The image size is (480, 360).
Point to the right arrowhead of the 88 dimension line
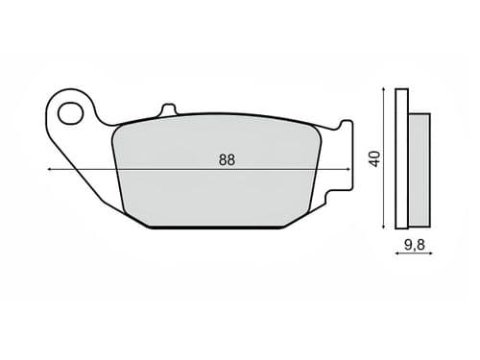(x=348, y=169)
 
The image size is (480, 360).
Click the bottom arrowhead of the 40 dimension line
(x=385, y=226)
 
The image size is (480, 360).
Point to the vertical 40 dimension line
(x=385, y=192)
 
